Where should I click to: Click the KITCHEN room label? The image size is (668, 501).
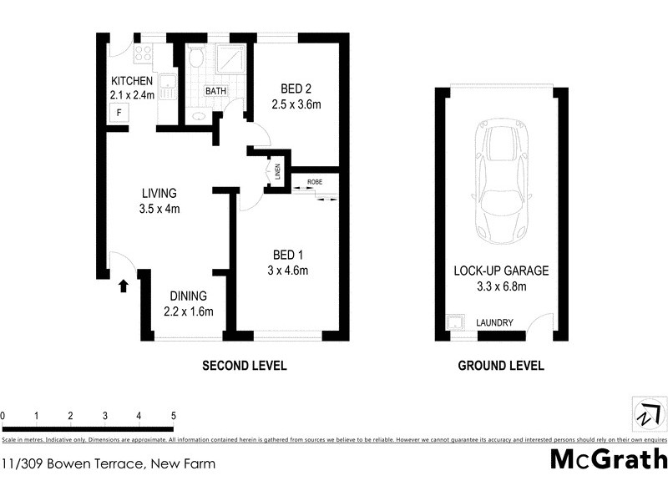pyautogui.click(x=132, y=81)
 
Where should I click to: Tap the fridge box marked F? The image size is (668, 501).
pyautogui.click(x=119, y=113)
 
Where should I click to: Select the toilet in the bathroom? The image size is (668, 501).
pyautogui.click(x=196, y=57)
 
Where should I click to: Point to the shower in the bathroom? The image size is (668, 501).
pyautogui.click(x=230, y=60)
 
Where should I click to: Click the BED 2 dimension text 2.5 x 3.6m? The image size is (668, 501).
pyautogui.click(x=296, y=104)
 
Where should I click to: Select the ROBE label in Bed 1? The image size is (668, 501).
pyautogui.click(x=315, y=181)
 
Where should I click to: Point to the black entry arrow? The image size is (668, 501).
pyautogui.click(x=124, y=286)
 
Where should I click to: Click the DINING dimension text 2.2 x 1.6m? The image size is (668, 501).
pyautogui.click(x=189, y=312)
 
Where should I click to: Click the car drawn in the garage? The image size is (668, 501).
pyautogui.click(x=500, y=180)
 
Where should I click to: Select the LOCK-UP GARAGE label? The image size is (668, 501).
pyautogui.click(x=501, y=271)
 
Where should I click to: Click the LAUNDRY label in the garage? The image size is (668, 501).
pyautogui.click(x=494, y=323)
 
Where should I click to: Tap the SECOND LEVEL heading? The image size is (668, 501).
pyautogui.click(x=245, y=366)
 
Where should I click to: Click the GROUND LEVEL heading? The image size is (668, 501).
pyautogui.click(x=501, y=366)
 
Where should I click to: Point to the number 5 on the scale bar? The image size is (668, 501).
pyautogui.click(x=173, y=415)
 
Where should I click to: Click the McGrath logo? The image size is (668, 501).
pyautogui.click(x=609, y=459)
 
